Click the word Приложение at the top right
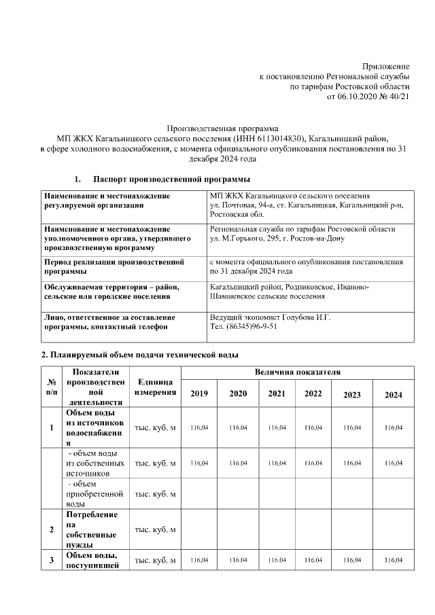click(385, 66)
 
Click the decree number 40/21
click(398, 97)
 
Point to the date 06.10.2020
click(357, 97)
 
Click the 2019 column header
click(199, 394)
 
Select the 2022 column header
click(313, 393)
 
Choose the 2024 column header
click(394, 395)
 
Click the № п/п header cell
click(52, 388)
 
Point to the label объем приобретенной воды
click(94, 494)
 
